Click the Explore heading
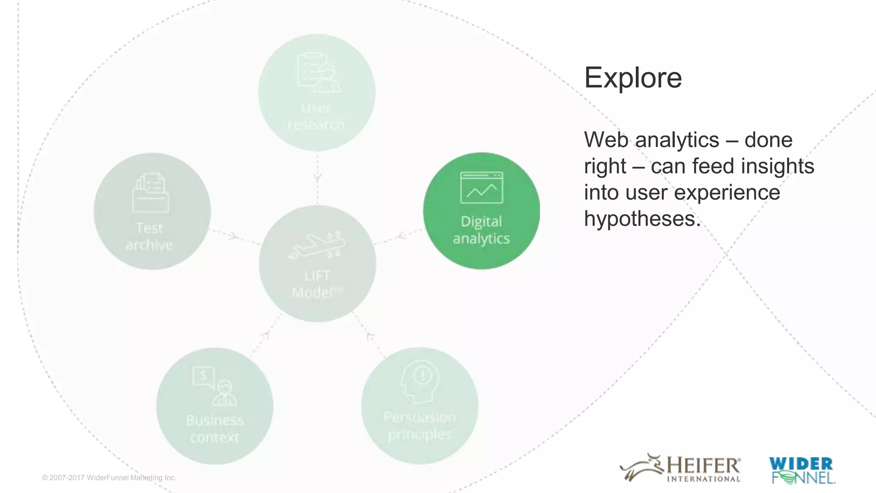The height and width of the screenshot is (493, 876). (633, 78)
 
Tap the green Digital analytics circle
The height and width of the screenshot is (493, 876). (481, 211)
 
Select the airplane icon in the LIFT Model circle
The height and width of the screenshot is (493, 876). (317, 245)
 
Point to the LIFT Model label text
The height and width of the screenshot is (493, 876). (317, 284)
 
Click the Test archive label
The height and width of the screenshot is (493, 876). (149, 236)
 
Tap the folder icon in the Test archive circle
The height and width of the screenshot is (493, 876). (151, 193)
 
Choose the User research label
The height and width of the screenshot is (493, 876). (316, 116)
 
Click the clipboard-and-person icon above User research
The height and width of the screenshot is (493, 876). (319, 72)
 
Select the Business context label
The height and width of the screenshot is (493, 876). (215, 429)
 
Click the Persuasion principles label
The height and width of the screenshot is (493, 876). (420, 425)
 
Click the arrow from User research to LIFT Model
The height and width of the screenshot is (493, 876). (317, 177)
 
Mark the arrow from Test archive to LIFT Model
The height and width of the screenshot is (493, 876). (232, 236)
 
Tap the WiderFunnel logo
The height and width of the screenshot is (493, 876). (801, 470)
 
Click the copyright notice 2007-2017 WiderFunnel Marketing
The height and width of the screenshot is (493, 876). (109, 478)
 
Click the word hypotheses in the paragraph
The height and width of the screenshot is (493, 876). (642, 219)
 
